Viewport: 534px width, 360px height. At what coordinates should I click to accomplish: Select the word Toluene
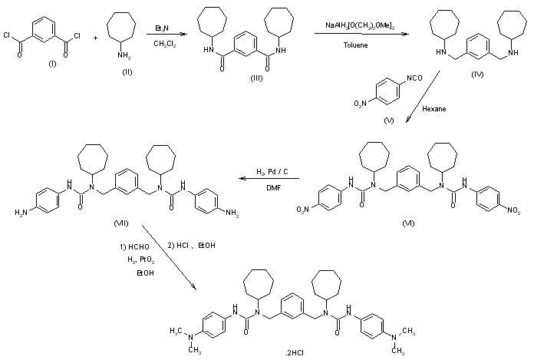354,45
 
